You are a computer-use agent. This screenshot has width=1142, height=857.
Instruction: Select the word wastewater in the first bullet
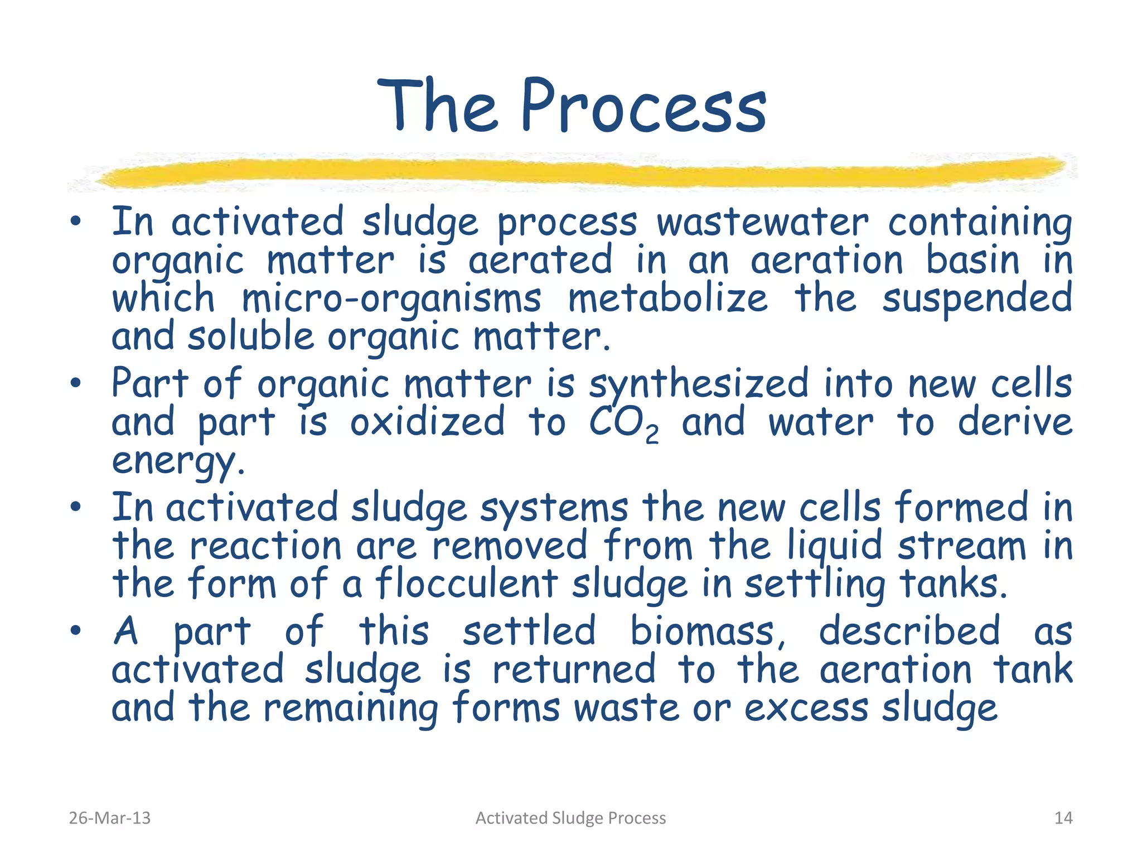click(x=762, y=223)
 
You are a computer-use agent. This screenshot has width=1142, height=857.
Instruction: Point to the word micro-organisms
click(x=391, y=300)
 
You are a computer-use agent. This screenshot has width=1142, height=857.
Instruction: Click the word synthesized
click(x=698, y=385)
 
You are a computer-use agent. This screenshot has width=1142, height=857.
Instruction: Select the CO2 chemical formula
click(x=623, y=424)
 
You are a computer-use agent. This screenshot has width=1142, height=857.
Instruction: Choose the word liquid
click(x=835, y=547)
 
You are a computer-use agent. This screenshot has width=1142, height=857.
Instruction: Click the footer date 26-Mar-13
click(x=109, y=818)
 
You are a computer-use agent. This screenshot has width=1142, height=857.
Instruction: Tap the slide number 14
click(x=1063, y=818)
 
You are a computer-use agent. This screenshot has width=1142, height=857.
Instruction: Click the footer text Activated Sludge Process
click(x=570, y=818)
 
